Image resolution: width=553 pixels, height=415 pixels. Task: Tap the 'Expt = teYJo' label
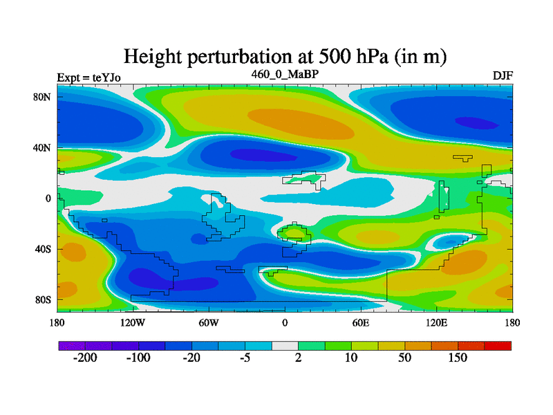click(88, 77)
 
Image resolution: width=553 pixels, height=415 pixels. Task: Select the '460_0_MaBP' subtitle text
click(285, 73)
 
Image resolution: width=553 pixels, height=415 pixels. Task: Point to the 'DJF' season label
click(503, 75)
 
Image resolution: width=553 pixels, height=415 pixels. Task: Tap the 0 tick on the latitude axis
click(48, 199)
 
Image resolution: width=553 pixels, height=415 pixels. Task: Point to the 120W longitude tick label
click(133, 322)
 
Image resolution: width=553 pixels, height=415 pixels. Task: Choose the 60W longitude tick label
click(209, 322)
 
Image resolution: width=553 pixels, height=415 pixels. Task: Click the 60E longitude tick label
click(360, 322)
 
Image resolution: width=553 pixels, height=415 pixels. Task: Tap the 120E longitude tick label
click(436, 322)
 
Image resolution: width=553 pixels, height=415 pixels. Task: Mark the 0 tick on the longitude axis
click(285, 322)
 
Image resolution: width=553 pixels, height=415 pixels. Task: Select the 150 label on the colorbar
click(458, 358)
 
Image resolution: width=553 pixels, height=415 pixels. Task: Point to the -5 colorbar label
click(245, 358)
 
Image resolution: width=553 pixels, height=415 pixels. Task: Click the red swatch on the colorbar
click(498, 345)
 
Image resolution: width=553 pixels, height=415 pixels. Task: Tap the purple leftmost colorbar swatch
click(72, 345)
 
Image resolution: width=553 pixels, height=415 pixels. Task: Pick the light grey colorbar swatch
click(285, 345)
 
